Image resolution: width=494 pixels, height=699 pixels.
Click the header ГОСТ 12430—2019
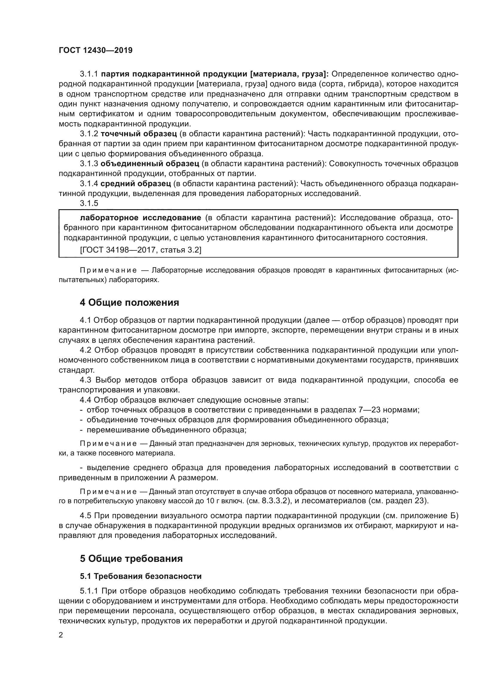click(96, 51)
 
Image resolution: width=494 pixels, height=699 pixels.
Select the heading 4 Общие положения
click(129, 303)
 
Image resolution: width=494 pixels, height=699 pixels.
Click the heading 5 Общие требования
click(131, 559)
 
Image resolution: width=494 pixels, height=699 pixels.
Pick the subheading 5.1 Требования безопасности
click(141, 576)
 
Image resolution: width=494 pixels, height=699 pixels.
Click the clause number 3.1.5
click(89, 204)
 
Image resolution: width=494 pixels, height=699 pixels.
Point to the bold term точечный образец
click(139, 134)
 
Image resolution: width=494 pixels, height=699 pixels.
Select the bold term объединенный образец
click(150, 164)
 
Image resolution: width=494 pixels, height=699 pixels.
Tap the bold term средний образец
click(135, 184)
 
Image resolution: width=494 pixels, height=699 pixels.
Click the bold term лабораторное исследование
click(140, 218)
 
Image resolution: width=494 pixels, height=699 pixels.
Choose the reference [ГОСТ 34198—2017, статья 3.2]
click(141, 250)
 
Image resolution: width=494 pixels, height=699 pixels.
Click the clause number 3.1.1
click(89, 74)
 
